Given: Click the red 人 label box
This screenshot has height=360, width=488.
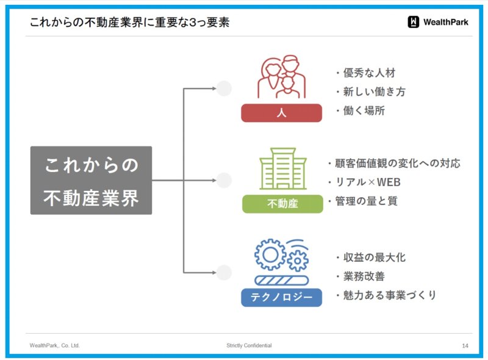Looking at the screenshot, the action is click(281, 113).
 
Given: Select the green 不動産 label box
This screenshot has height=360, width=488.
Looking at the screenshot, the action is click(282, 204).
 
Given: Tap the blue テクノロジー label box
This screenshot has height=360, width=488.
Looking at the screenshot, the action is click(281, 297).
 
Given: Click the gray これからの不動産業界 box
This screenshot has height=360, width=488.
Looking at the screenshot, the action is click(91, 181).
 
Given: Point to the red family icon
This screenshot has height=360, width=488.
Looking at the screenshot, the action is click(282, 77).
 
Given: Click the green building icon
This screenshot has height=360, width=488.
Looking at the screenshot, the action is click(283, 168).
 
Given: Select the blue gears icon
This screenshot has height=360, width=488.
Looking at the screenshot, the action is click(282, 262).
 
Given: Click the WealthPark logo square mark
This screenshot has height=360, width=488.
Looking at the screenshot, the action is click(414, 22).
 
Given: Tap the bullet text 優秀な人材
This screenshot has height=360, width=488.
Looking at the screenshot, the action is click(369, 73).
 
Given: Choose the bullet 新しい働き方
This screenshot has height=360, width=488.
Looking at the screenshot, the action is click(374, 92).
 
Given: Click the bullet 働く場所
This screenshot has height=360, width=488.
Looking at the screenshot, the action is click(364, 110).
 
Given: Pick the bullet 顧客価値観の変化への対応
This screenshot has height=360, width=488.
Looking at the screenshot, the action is click(398, 163).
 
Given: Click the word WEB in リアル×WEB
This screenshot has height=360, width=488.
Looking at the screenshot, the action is click(389, 182).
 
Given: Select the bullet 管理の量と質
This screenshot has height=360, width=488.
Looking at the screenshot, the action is click(367, 201).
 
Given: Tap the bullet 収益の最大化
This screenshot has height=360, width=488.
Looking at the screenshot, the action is click(375, 257).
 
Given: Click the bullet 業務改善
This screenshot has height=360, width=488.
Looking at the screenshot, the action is click(364, 276).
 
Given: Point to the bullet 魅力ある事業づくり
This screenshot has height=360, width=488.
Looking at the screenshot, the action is click(390, 295).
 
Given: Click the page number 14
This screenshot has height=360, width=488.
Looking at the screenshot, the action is click(465, 346).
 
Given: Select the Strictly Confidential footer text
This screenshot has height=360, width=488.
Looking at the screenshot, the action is click(249, 345).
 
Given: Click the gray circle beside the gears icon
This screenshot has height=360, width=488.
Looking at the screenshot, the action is click(224, 273).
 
